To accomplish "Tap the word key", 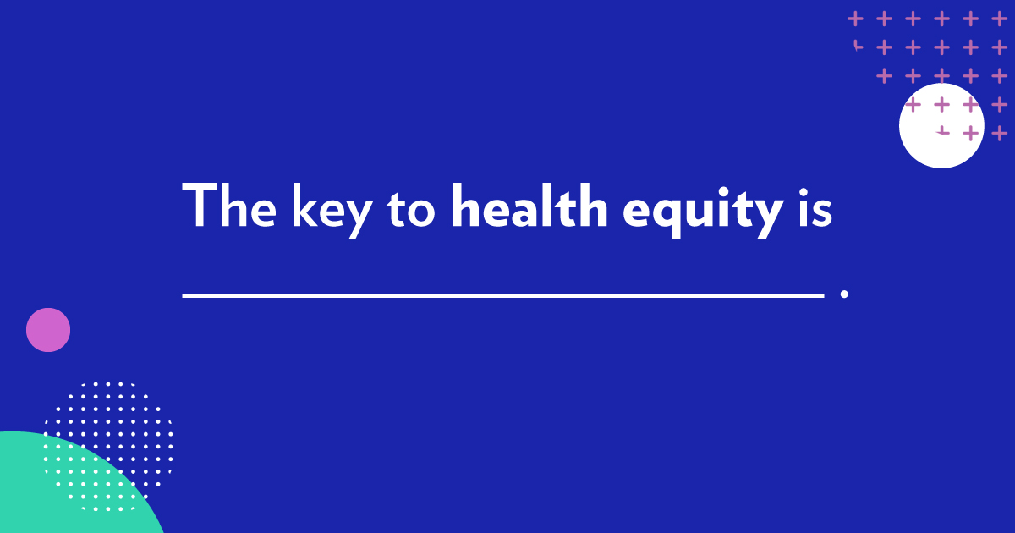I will [332, 207].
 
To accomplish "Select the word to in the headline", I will [412, 207].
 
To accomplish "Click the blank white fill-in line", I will [502, 295].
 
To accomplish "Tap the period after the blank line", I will [844, 294].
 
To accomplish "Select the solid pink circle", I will [48, 330].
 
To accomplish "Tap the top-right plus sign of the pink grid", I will [999, 18].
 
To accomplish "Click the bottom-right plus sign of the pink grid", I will [999, 133].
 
